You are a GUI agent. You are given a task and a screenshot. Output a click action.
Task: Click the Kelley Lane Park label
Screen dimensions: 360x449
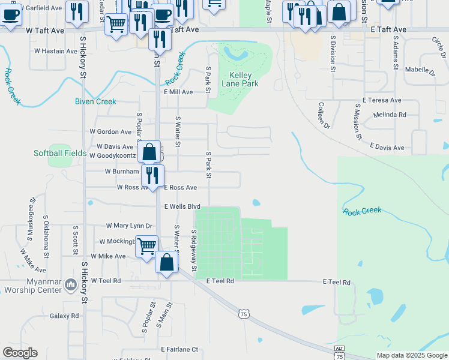pos(244,79)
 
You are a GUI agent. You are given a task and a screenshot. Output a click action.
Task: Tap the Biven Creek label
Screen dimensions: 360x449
pos(95,101)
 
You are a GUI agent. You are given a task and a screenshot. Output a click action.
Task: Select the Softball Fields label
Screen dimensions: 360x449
pos(60,153)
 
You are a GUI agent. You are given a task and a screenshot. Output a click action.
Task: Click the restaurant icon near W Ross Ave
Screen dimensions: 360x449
pos(152,175)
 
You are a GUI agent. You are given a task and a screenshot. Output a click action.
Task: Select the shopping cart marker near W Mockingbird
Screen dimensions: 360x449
pos(146,246)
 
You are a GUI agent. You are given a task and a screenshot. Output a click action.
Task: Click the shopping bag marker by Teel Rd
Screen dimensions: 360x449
pos(167,262)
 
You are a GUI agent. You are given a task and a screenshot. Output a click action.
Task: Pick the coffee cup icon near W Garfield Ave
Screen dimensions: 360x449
pos(11,14)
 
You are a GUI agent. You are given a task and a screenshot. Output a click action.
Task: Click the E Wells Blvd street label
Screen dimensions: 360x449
pos(182,206)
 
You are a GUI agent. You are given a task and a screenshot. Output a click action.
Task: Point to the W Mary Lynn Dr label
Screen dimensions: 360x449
pos(129,226)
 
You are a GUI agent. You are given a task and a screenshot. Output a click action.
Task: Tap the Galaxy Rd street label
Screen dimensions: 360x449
pos(64,316)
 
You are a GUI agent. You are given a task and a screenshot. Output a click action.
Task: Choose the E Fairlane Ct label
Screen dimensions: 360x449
pos(179,349)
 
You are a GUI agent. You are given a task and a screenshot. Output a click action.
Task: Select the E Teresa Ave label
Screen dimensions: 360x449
pos(382,100)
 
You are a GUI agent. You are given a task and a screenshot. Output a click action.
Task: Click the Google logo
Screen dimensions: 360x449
pos(20,353)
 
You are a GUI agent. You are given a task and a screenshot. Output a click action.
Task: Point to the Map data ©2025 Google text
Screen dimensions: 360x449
pos(412,355)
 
